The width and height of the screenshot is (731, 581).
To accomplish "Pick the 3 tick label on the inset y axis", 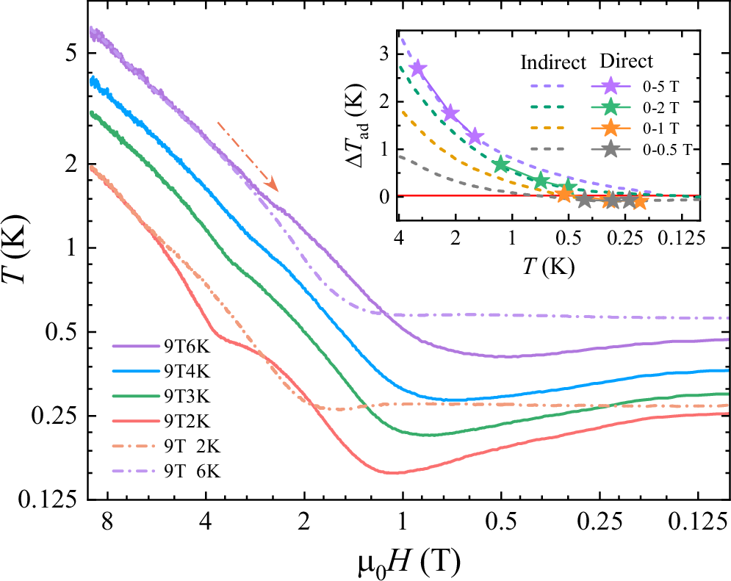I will tap(382, 53).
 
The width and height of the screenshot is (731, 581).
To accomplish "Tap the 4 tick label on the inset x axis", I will tap(398, 239).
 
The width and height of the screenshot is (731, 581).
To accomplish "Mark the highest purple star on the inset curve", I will tap(418, 68).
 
